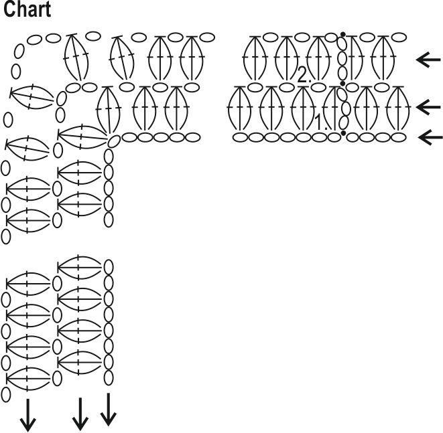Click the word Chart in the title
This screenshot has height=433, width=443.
coord(27,11)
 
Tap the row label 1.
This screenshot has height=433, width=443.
coord(322,122)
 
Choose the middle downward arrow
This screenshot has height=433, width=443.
coord(80,414)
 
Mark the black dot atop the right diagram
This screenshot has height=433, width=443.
coord(343,33)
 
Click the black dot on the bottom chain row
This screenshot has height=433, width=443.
coord(344,134)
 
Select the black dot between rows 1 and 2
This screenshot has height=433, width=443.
coord(343,84)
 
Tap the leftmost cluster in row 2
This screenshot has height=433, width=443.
coord(254,58)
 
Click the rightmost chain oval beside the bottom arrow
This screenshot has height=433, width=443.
coord(399,137)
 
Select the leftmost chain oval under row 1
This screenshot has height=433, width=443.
coord(240,137)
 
